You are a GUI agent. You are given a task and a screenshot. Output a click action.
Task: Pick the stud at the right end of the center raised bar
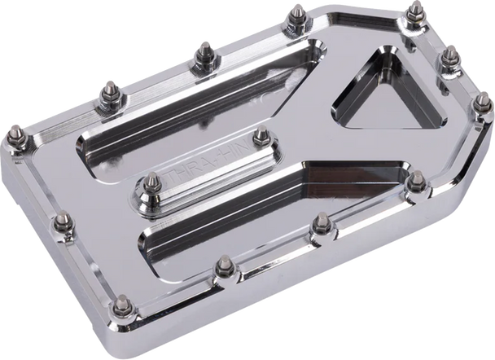[261, 136]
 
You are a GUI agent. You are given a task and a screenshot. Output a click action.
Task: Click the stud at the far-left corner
[15, 133]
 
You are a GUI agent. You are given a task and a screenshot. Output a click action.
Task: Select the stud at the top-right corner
[416, 11]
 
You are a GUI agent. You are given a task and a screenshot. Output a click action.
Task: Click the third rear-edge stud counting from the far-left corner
[201, 54]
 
